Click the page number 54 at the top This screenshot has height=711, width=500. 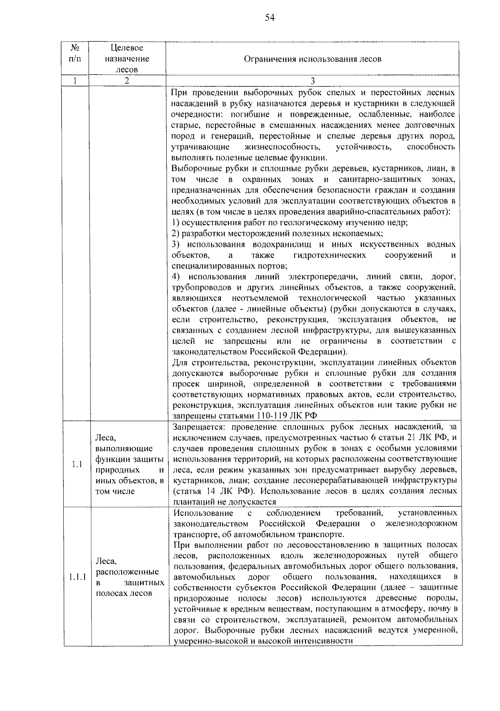click(270, 18)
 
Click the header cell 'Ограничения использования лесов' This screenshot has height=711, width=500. click(312, 59)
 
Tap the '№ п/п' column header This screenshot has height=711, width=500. click(75, 53)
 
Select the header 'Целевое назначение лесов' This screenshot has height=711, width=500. click(127, 59)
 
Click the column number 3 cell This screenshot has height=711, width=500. click(313, 81)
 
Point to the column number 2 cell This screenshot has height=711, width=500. click(127, 81)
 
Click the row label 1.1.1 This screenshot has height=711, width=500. click(77, 577)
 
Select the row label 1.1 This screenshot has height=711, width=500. click(77, 464)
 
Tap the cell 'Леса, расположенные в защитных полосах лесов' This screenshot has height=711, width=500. click(130, 577)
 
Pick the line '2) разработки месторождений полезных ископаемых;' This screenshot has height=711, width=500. click(277, 234)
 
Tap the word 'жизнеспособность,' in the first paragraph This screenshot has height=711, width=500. click(282, 147)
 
